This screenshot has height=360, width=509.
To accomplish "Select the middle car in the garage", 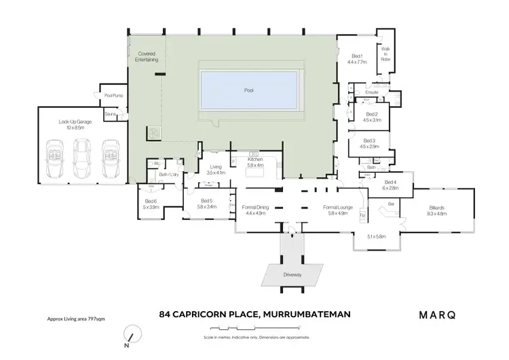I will click(x=81, y=158).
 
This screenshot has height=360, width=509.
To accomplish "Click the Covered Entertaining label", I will click(x=147, y=57).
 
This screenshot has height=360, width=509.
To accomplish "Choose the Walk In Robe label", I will click(x=385, y=55).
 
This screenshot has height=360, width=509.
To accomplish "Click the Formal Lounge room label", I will click(x=335, y=210).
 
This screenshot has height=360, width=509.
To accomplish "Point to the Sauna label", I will click(x=111, y=114).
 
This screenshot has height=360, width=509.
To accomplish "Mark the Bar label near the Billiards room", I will click(x=391, y=203).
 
